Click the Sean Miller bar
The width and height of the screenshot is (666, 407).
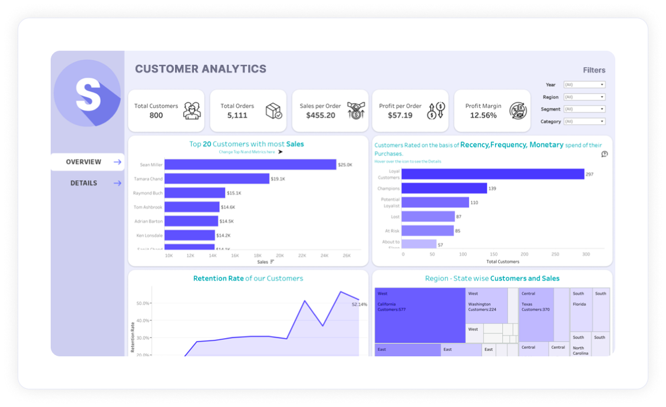point(250,165)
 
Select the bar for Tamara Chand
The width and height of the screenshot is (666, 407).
point(216,178)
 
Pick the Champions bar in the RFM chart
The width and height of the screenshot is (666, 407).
point(444,188)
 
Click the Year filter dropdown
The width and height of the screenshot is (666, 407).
point(584,85)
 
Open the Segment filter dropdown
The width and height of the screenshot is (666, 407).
point(584,109)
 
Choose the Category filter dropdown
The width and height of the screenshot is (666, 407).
point(584,121)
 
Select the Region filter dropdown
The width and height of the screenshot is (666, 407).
point(584,97)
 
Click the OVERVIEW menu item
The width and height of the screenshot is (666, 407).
point(84,162)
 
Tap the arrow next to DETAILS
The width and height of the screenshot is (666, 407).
point(117,183)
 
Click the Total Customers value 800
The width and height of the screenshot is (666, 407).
point(156,115)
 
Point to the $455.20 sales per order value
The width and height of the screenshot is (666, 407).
point(321,115)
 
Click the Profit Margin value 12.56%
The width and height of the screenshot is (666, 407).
point(483,115)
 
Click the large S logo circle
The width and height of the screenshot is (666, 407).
point(87,93)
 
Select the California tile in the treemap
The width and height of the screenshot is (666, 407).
point(420,315)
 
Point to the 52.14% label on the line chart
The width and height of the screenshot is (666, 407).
point(359,305)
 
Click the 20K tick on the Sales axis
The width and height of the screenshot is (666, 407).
point(280,256)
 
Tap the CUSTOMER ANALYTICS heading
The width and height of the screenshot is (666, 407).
point(200,69)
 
